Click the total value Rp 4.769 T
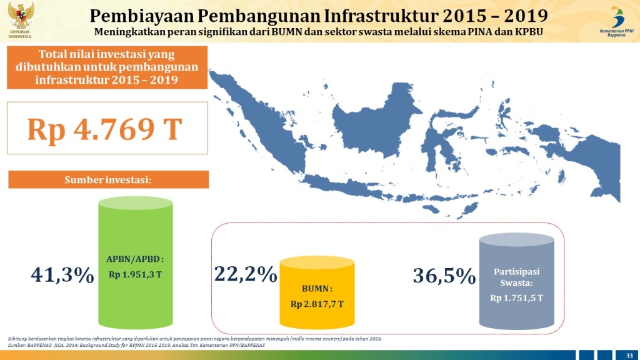(104, 129)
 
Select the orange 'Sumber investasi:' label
(108, 180)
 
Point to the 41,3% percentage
(62, 274)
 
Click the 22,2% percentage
(246, 273)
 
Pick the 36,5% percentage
(444, 276)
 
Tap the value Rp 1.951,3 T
(135, 274)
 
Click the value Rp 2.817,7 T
(317, 304)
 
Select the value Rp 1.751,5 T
(516, 298)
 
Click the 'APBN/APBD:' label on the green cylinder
(135, 259)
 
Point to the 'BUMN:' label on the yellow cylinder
(317, 289)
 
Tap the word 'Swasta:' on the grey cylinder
(516, 283)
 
